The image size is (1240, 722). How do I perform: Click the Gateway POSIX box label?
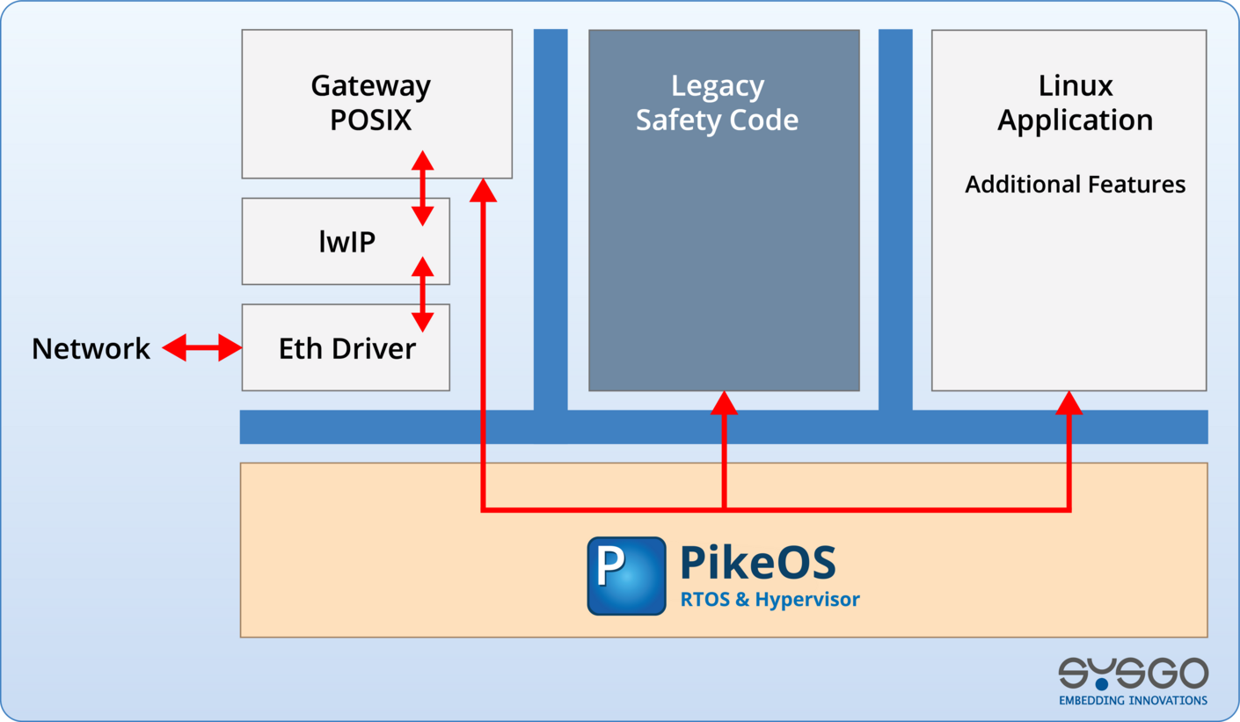click(370, 103)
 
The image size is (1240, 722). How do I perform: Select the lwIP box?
click(346, 241)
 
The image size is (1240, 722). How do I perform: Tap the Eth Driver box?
click(346, 348)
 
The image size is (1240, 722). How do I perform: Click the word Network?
click(91, 349)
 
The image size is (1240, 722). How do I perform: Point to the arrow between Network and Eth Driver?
click(202, 348)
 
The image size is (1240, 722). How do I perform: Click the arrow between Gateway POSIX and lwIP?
click(423, 188)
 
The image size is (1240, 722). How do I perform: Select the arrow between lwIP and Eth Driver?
click(423, 294)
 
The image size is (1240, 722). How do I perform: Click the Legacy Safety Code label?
click(717, 103)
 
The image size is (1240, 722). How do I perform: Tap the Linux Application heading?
click(1075, 103)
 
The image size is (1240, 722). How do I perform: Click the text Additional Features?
click(1075, 185)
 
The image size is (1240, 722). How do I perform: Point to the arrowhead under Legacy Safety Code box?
click(724, 403)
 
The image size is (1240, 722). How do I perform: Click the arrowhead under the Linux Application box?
click(1069, 403)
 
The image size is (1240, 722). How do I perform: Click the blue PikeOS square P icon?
click(626, 575)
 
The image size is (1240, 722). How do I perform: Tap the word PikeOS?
click(758, 563)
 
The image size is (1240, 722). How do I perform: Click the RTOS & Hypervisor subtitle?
click(770, 600)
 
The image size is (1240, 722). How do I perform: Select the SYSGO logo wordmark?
click(1133, 674)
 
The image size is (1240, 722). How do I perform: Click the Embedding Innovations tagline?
click(1133, 700)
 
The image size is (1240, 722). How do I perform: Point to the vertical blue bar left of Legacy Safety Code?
click(551, 220)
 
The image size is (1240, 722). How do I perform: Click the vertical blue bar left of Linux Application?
click(895, 220)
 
